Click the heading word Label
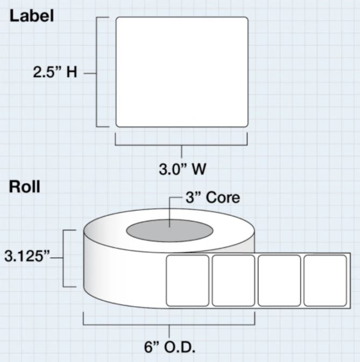click(x=32, y=16)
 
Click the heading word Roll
click(x=24, y=187)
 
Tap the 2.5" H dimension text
click(x=55, y=73)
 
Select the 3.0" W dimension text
click(x=182, y=169)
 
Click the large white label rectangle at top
click(x=182, y=72)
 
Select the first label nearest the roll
click(x=187, y=281)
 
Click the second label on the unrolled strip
click(x=233, y=281)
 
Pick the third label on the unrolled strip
click(x=279, y=281)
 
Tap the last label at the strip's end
click(x=325, y=281)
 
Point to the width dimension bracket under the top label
click(x=181, y=144)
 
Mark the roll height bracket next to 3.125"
click(x=65, y=258)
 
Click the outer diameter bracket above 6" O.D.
click(x=169, y=324)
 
